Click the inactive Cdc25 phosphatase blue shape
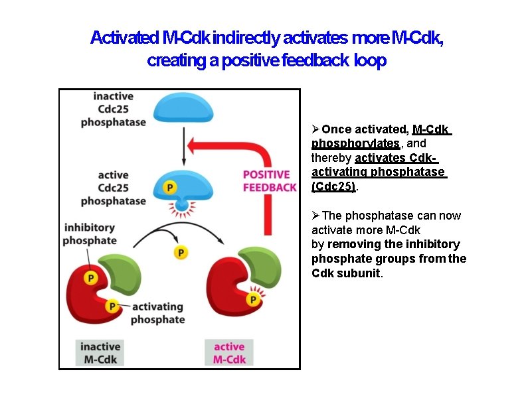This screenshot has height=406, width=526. [183, 107]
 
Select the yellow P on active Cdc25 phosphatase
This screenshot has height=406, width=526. [170, 188]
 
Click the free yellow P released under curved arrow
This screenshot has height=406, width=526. [180, 253]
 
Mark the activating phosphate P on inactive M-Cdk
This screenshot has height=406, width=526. [112, 306]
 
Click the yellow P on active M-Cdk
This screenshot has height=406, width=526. [253, 301]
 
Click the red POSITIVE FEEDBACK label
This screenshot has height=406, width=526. [269, 180]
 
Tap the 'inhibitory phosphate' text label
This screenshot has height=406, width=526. [90, 234]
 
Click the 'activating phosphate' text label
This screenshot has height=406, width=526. [157, 313]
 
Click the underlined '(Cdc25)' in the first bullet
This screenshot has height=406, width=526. [334, 186]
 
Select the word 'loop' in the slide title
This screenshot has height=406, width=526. [370, 61]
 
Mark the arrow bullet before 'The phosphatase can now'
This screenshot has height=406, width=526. [316, 216]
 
